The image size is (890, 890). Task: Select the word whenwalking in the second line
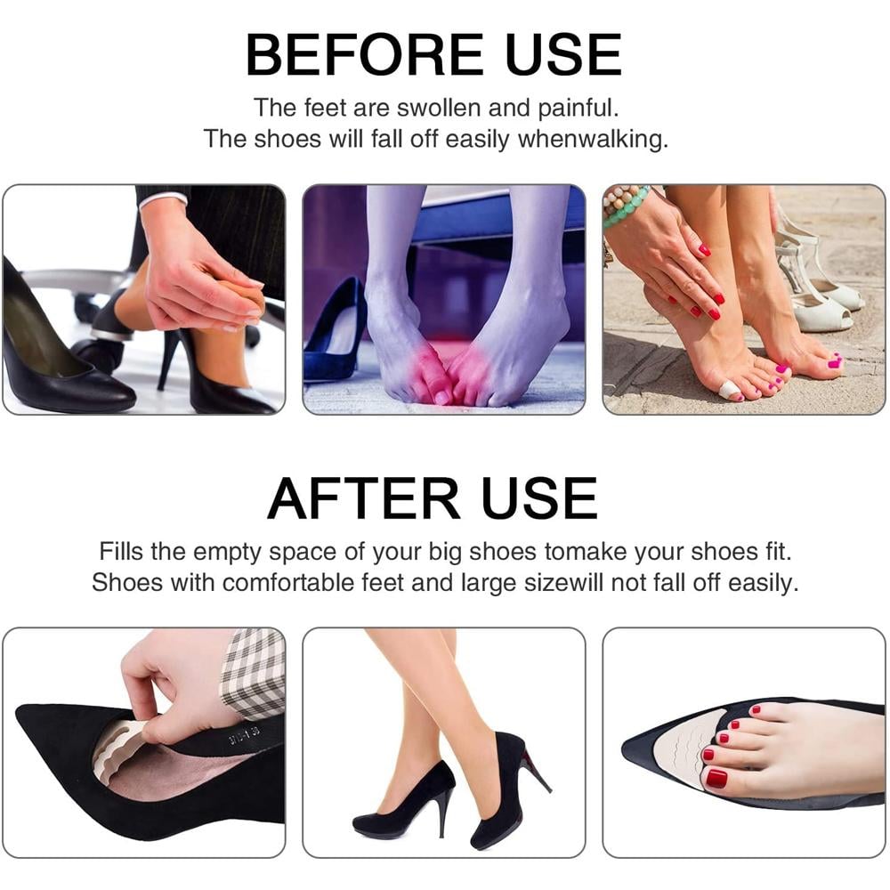[x=593, y=140]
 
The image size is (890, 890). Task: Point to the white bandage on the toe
[x=728, y=390]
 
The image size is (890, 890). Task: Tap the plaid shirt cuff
[x=253, y=672]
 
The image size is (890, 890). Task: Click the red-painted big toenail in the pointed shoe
[x=716, y=778]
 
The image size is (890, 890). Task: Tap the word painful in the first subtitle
[x=578, y=109]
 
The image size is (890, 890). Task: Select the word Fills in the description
[x=121, y=551]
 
